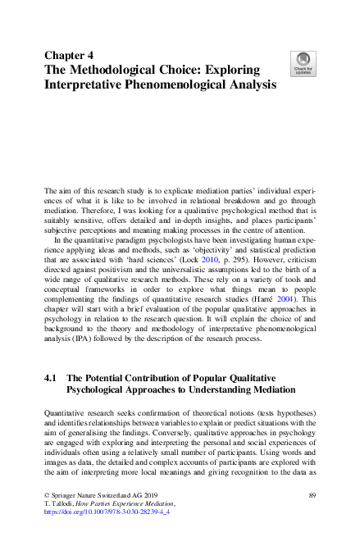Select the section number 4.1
coord(50,378)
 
